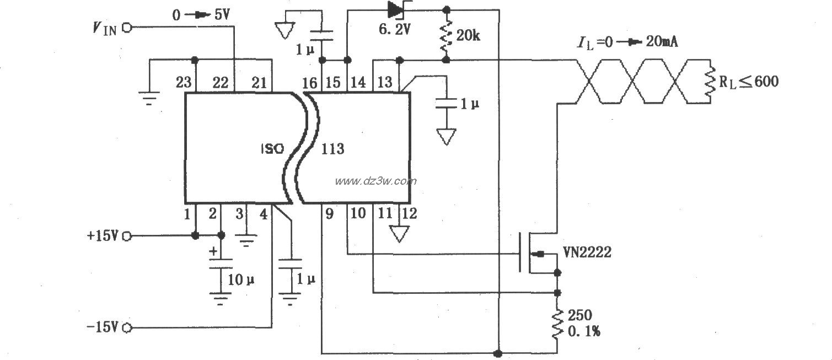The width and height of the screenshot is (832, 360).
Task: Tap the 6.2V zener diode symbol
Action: point(396,9)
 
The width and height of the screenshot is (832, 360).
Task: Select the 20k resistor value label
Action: point(469,36)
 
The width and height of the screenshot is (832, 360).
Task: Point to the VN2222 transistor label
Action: point(587,252)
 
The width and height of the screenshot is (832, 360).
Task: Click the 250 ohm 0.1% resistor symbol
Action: point(557,324)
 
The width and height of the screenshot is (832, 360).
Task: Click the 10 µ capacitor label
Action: point(241,280)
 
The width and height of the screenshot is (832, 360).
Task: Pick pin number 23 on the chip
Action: point(184,83)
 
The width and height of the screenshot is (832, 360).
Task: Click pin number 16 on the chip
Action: point(310,83)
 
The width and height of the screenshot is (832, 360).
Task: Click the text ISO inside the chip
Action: point(272,149)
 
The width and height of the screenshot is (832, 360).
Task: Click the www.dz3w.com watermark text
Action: point(375,181)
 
